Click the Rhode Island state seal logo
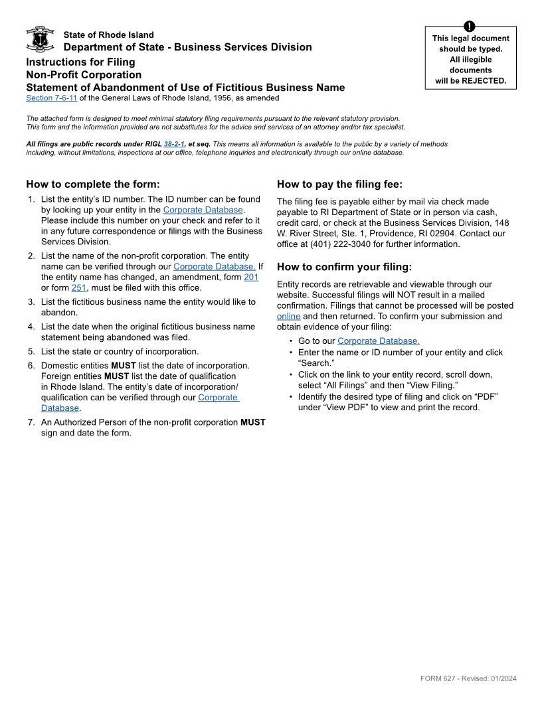pos(40,39)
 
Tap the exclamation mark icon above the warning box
pos(470,27)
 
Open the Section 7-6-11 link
pos(52,98)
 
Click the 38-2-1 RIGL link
pos(174,144)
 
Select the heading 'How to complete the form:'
pos(93,185)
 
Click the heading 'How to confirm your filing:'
pos(344,267)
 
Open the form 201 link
pos(251,277)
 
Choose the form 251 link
pos(79,288)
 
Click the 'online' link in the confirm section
pos(288,317)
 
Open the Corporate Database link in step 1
pos(203,210)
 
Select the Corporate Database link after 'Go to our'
pos(378,341)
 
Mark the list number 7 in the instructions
pos(31,422)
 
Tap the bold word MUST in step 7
pos(252,422)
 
